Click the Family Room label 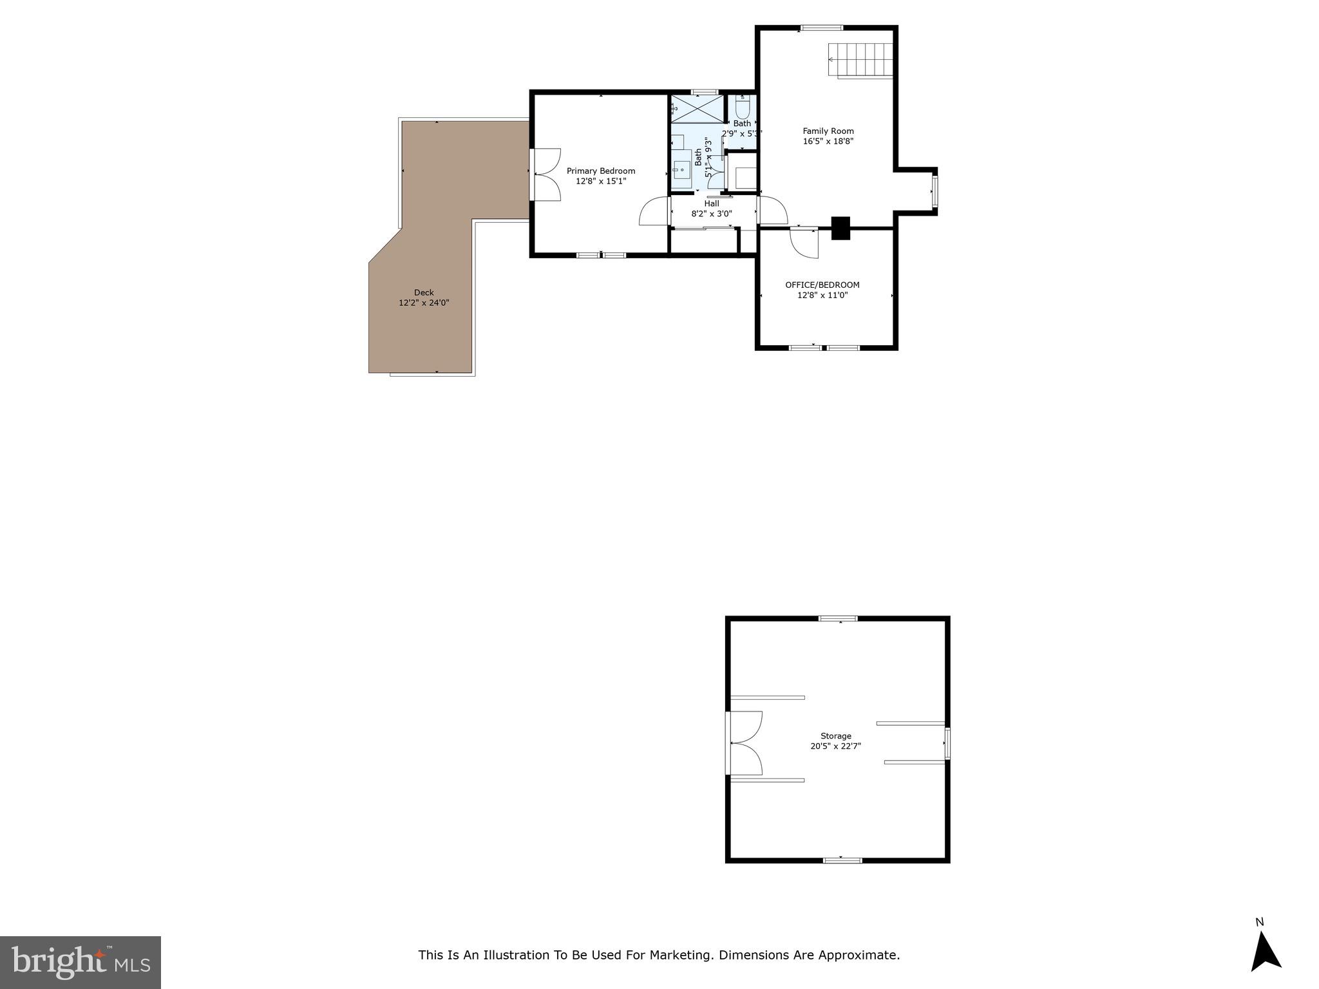(x=828, y=131)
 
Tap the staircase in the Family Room (x=861, y=60)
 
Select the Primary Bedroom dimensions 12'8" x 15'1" (x=600, y=182)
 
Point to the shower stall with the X (x=697, y=109)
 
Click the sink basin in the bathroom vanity (x=681, y=170)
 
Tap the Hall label (x=712, y=203)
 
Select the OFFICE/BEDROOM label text (x=822, y=285)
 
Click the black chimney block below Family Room (x=840, y=228)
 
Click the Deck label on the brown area (x=423, y=292)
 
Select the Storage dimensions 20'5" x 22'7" (x=835, y=746)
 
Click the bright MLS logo (x=81, y=962)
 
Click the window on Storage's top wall (x=838, y=619)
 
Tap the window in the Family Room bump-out (x=935, y=192)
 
